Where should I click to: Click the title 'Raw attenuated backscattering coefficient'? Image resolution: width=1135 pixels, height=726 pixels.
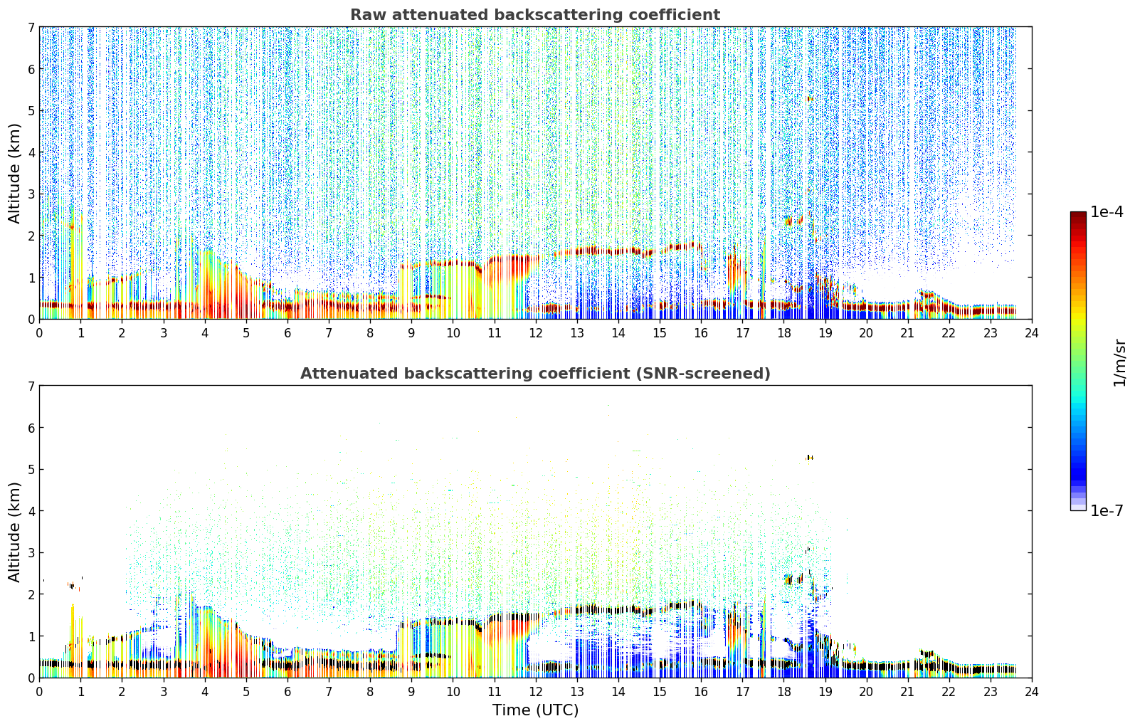[x=535, y=15]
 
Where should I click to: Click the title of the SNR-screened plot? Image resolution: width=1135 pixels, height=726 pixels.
[x=535, y=374]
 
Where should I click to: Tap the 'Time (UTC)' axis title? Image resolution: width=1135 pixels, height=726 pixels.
[x=535, y=710]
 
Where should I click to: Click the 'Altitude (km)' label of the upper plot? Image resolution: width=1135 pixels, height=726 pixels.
[x=14, y=173]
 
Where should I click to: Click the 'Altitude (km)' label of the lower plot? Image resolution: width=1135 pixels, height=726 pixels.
[x=14, y=532]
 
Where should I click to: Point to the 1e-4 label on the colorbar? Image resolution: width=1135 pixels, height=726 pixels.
[x=1107, y=212]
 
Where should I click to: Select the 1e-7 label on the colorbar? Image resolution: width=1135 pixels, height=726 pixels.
[x=1107, y=510]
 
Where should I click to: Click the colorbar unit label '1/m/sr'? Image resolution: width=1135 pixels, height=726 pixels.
[x=1119, y=363]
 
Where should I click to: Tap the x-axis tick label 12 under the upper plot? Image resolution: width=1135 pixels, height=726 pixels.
[x=536, y=333]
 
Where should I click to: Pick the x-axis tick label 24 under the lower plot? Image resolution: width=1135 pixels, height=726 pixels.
[x=1032, y=692]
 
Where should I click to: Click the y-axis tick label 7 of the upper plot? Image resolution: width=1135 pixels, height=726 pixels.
[x=31, y=27]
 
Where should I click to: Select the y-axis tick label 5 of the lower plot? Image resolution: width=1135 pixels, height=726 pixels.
[x=31, y=470]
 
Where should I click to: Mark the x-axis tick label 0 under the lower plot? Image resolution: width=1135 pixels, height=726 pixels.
[x=40, y=692]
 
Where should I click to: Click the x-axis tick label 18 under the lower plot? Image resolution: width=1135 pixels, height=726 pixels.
[x=784, y=692]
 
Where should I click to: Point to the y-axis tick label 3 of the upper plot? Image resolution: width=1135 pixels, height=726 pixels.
[x=31, y=194]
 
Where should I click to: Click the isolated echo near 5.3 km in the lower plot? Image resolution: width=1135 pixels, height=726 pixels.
[x=809, y=458]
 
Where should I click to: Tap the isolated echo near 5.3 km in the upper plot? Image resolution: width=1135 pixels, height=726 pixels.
[x=809, y=99]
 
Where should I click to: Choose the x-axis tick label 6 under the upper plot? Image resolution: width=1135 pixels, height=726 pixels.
[x=287, y=333]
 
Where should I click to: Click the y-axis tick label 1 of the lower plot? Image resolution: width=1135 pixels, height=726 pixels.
[x=31, y=636]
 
